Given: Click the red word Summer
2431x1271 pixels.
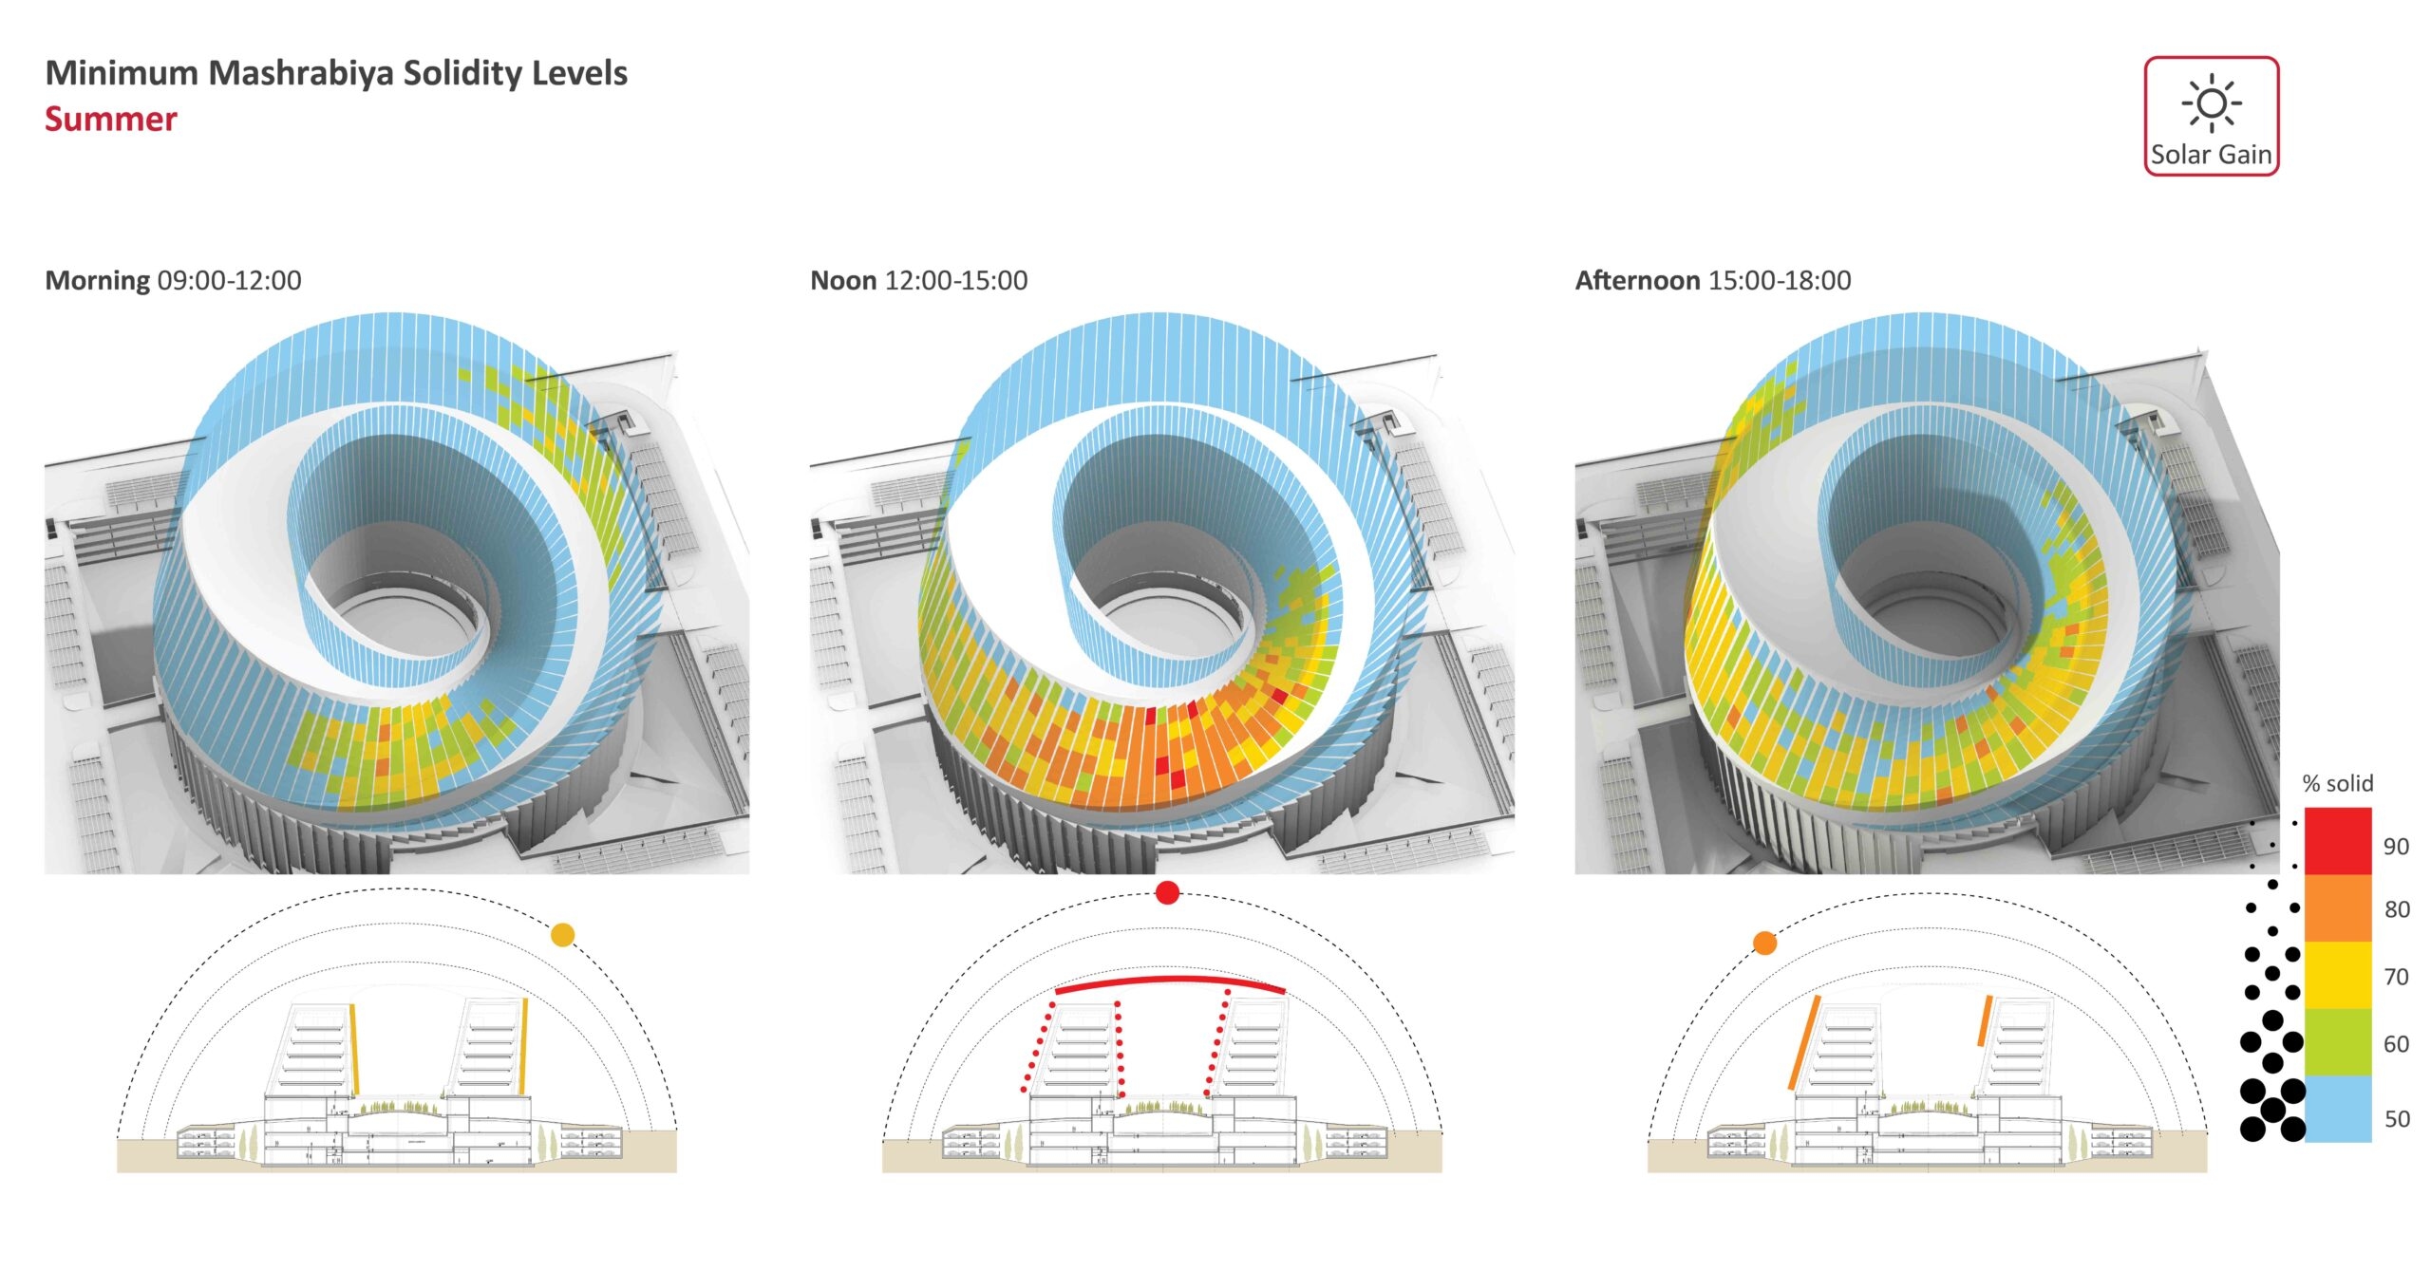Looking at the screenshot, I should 111,120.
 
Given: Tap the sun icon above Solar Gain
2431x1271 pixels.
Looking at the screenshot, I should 2211,103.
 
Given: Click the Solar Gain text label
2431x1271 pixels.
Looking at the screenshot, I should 2211,155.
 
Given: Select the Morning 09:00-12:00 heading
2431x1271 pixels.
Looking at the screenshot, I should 173,281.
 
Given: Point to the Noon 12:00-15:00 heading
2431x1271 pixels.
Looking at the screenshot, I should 918,281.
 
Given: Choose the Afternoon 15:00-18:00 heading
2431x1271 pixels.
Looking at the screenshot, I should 1712,281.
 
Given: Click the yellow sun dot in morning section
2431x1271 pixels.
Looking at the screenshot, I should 562,935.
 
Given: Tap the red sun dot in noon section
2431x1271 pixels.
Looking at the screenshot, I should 1167,892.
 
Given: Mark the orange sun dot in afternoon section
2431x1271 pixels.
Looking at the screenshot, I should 1764,944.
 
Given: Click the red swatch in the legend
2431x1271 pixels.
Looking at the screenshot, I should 2338,841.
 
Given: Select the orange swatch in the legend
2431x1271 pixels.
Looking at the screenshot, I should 2338,908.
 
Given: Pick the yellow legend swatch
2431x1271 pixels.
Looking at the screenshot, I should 2338,975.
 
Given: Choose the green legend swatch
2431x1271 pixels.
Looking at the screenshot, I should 2338,1042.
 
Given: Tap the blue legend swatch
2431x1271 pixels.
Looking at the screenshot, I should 2338,1109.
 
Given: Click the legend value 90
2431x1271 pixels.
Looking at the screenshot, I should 2396,847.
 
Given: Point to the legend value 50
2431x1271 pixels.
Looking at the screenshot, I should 2397,1119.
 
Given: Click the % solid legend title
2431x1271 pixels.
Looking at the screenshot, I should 2337,784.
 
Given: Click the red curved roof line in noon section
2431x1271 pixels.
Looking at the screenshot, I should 1168,980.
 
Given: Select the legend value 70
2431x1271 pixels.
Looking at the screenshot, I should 2396,977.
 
